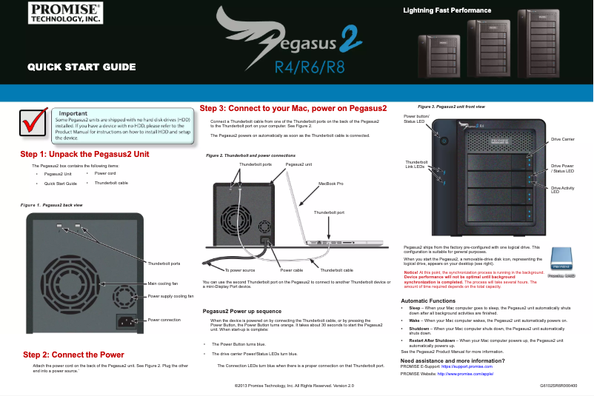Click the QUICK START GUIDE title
tap(81, 67)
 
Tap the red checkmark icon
tap(35, 125)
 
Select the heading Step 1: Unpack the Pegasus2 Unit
tap(85, 154)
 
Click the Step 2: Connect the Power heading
tap(73, 355)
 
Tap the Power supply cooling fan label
tap(171, 295)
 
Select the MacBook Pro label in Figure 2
tap(330, 182)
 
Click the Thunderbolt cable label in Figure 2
tap(336, 270)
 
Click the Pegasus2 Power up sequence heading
tap(241, 311)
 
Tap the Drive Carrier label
tap(563, 139)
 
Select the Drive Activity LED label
tap(563, 189)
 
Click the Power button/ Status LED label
tap(416, 119)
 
